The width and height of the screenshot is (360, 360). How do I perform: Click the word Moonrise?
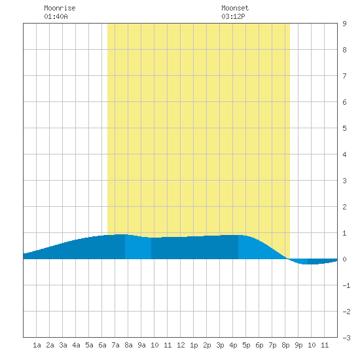coord(60,8)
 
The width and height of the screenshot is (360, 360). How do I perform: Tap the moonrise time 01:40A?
coord(56,16)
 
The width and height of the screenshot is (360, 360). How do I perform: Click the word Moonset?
coord(235,8)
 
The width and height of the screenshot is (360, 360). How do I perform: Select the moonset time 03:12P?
coord(233,16)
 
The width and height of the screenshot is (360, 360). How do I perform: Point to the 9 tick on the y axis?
coord(344,24)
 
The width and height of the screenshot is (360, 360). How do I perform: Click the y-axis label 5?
coord(344,128)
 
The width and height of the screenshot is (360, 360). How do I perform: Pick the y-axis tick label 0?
coord(344,259)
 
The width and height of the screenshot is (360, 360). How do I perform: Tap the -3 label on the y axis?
coord(346,338)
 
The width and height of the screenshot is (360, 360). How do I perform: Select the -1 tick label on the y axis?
coord(346,285)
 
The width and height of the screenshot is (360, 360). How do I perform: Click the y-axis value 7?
coord(344,76)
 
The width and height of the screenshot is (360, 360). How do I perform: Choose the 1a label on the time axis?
coord(37,345)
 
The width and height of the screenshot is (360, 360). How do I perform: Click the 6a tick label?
coord(102,345)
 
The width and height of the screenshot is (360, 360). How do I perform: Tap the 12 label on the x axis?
coord(181,345)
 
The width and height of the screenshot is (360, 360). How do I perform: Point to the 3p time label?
coord(220,345)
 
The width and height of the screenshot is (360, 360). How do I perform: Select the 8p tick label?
coord(285,345)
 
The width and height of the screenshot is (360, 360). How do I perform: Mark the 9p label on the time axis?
coord(298,345)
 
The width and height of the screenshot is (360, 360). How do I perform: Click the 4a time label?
coord(76,345)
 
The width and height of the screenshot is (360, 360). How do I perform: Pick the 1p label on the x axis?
coord(194,345)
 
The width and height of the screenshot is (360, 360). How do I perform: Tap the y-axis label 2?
coord(344,207)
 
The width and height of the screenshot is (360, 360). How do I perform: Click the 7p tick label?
coord(272,345)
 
